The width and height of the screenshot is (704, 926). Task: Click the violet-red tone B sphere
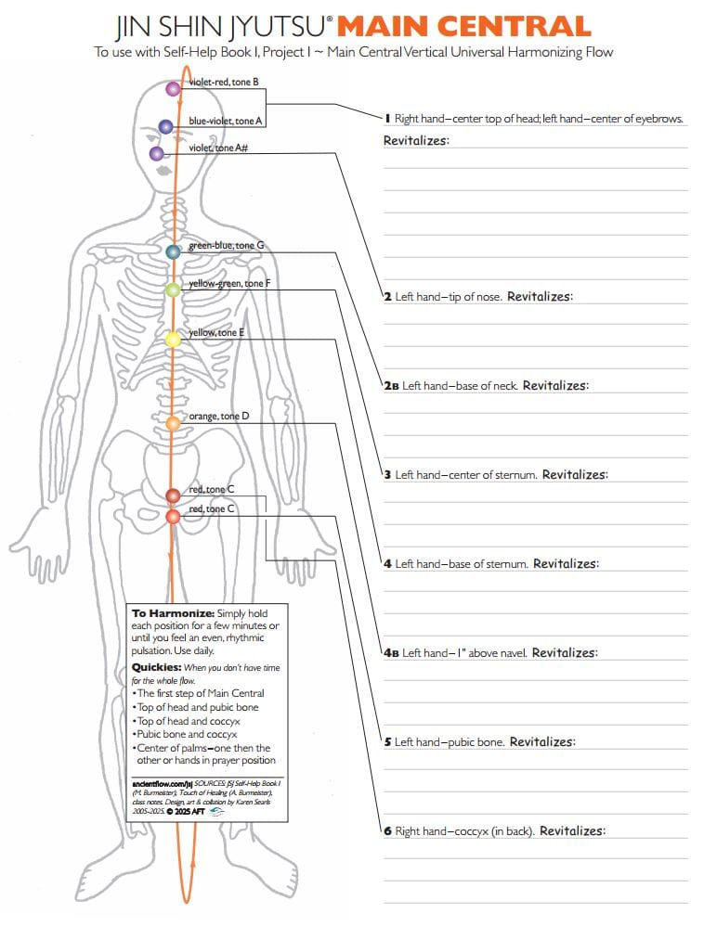tap(172, 89)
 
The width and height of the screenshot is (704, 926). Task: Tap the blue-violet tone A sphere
tap(165, 126)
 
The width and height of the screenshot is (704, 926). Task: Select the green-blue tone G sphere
tap(173, 251)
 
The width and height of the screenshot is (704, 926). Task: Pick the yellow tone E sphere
tap(173, 340)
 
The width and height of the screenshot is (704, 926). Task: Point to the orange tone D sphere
tap(173, 423)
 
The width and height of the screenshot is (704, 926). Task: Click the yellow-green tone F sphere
tap(173, 289)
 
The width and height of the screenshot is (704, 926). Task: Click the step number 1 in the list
tap(387, 119)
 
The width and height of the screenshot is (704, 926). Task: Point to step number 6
tap(387, 831)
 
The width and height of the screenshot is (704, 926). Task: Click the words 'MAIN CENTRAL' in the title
tap(463, 26)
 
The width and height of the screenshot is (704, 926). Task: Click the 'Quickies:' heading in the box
tap(155, 667)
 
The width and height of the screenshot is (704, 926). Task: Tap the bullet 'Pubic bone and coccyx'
tap(187, 734)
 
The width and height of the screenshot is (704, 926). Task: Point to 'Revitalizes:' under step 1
tap(416, 141)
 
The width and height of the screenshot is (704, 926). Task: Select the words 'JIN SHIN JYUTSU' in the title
tap(221, 26)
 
